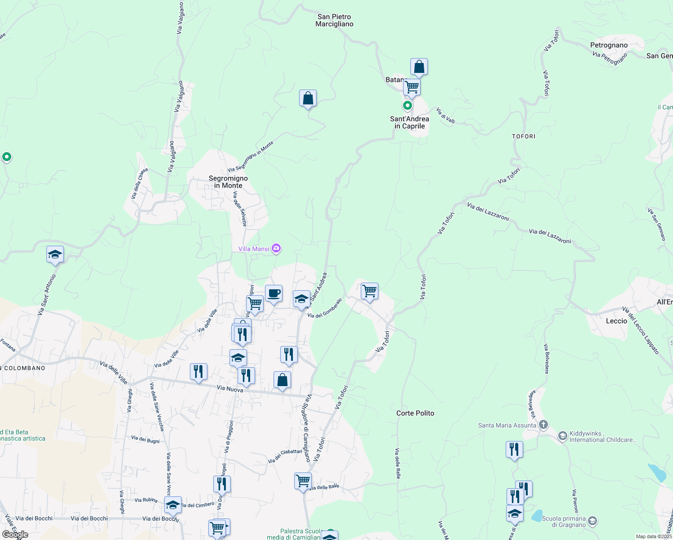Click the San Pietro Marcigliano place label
pos(334,20)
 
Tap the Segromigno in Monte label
pos(228,182)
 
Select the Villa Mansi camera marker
pos(276,248)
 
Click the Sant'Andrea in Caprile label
pos(409,122)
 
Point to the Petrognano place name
pos(609,45)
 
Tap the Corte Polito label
pos(415,413)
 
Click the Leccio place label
pos(616,321)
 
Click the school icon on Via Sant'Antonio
pos(55,255)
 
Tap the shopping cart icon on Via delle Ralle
pos(303,481)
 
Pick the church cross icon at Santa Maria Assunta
pos(543,424)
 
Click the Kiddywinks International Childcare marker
pos(562,436)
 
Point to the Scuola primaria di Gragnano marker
pos(592,521)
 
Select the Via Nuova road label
pos(230,388)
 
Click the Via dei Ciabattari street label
pos(285,456)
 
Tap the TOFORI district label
pos(524,136)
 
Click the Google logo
pos(15,535)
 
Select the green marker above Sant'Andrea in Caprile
pos(408,106)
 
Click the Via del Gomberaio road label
pos(325,308)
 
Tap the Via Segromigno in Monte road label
pos(250,157)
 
